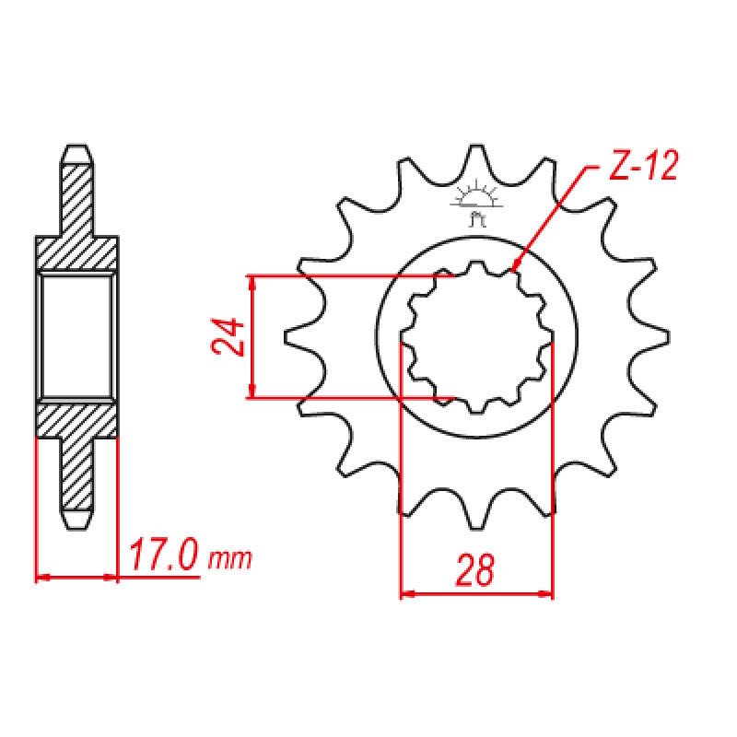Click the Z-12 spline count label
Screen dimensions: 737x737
pos(643,167)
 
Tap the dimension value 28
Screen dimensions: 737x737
pos(475,571)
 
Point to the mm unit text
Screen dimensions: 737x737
pos(229,559)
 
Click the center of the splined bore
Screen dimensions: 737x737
pos(476,336)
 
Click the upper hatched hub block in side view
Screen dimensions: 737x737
pos(77,253)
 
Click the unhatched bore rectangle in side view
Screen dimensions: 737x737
pos(77,336)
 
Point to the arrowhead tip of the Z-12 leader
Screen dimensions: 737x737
pos(514,269)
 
